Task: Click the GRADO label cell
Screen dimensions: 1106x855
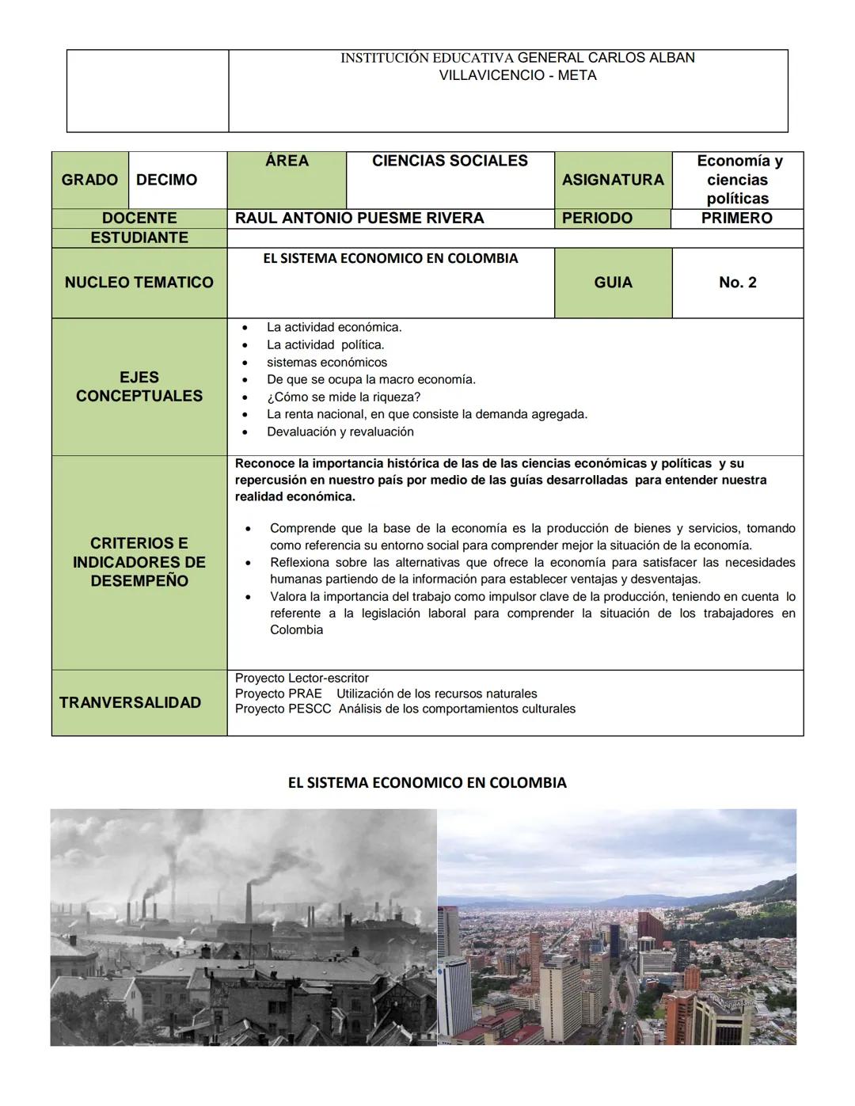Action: point(89,180)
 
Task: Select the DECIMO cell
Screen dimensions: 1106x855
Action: point(167,180)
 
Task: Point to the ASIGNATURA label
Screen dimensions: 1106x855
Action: point(613,180)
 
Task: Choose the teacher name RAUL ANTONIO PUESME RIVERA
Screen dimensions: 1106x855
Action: point(359,219)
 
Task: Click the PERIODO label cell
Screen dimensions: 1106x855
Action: point(597,219)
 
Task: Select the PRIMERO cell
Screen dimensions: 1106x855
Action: point(736,219)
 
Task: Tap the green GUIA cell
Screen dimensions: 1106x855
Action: point(613,283)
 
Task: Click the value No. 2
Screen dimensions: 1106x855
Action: point(737,283)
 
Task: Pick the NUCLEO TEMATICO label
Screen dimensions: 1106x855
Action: point(139,283)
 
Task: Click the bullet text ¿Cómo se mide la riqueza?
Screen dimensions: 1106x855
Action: point(344,397)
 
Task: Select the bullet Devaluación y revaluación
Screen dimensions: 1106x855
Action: point(340,431)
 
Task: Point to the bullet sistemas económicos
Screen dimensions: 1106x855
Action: point(327,363)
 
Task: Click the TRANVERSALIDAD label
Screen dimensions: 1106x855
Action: point(131,702)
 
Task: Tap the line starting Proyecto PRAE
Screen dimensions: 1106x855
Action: point(386,694)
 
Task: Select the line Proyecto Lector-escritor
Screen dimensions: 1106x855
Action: point(302,678)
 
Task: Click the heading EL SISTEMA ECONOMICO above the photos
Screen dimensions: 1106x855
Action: point(427,783)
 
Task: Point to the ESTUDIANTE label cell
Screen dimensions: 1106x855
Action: point(139,238)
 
